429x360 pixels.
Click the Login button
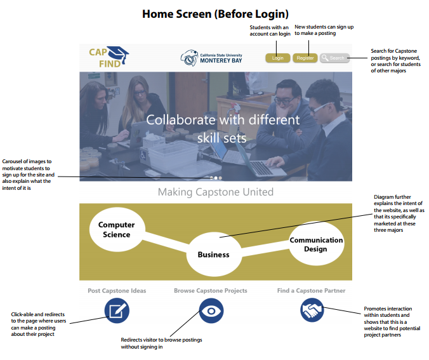[x=277, y=58]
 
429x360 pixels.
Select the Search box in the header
[x=334, y=58]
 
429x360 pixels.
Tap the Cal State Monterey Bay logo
[x=212, y=58]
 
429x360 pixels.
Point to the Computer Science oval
[x=117, y=230]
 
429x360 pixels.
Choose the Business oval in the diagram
[x=213, y=254]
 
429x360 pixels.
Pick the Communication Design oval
[x=315, y=244]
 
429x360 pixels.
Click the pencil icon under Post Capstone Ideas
[x=117, y=311]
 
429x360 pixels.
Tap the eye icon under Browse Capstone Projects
[x=211, y=311]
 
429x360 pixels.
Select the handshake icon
[x=312, y=311]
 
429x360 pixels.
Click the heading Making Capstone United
[x=215, y=192]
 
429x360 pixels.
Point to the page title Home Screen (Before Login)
[x=214, y=13]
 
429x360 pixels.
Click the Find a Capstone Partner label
[x=311, y=291]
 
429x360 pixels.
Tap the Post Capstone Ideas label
[x=117, y=291]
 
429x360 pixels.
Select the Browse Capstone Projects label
[x=211, y=291]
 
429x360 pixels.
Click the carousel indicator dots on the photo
[x=216, y=178]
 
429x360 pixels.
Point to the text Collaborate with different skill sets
[x=223, y=128]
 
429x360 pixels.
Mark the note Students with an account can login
[x=269, y=30]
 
